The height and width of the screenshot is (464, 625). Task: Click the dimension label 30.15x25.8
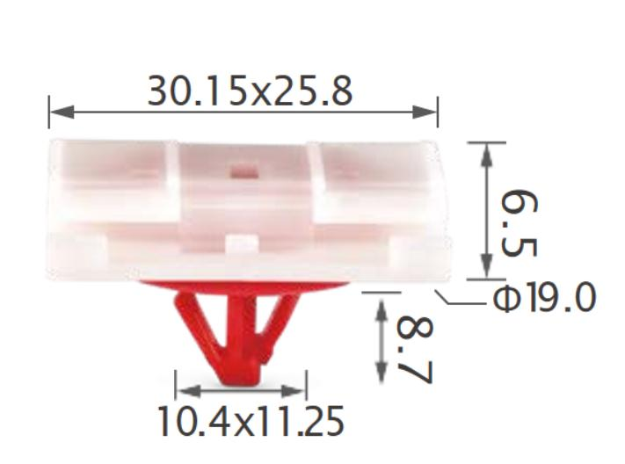(x=250, y=91)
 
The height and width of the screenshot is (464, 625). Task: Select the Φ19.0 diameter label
(x=543, y=300)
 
